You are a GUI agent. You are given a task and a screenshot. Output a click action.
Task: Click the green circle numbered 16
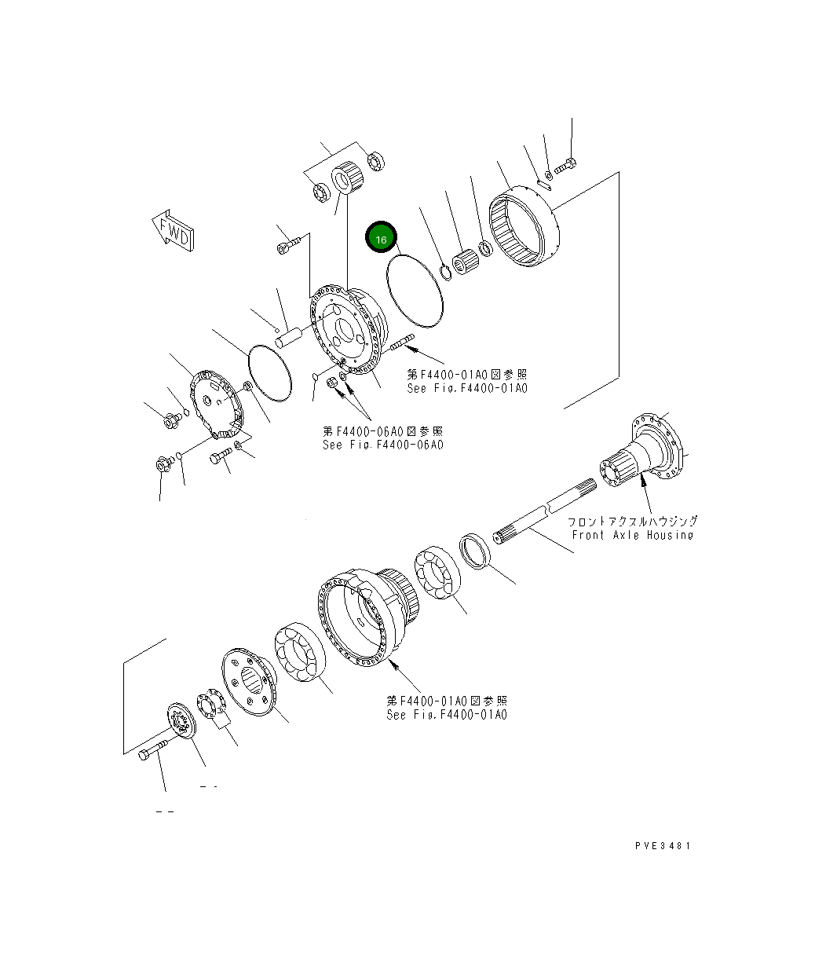tap(382, 238)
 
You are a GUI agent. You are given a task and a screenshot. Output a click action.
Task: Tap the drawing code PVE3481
tap(663, 846)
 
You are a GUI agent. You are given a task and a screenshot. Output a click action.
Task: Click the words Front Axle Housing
tap(632, 535)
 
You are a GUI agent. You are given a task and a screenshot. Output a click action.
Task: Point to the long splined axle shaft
tap(542, 518)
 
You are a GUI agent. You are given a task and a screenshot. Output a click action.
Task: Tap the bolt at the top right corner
tap(566, 166)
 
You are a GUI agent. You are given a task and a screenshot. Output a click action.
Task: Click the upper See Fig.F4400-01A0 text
tap(466, 389)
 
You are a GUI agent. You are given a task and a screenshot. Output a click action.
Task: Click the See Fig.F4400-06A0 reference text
tap(382, 445)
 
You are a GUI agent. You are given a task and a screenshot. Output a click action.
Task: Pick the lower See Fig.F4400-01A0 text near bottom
tap(446, 715)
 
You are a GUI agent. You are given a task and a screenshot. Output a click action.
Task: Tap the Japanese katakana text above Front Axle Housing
tap(632, 521)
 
